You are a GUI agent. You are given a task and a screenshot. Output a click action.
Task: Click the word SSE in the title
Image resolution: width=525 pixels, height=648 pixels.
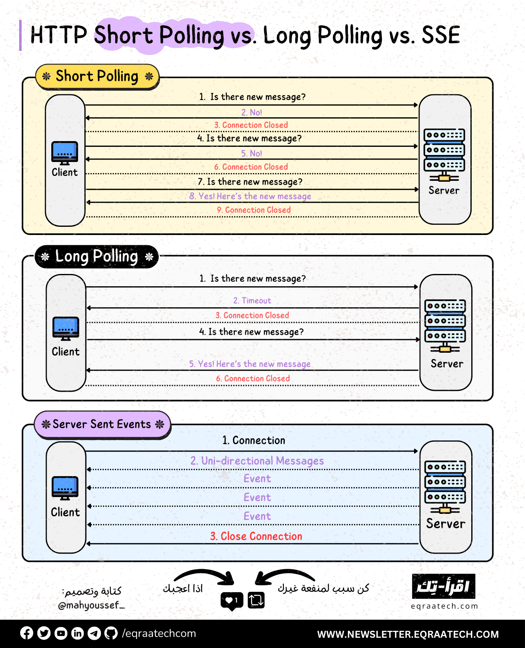pyautogui.click(x=441, y=35)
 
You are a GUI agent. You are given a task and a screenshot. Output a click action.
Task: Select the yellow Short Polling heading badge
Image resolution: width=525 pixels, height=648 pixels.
pyautogui.click(x=97, y=77)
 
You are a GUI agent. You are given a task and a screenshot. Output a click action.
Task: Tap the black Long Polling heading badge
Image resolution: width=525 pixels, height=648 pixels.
pyautogui.click(x=97, y=257)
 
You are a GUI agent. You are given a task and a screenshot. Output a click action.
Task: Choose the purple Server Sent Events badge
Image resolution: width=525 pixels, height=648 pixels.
pyautogui.click(x=102, y=424)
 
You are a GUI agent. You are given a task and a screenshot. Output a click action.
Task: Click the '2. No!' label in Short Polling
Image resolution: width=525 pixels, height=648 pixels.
pyautogui.click(x=251, y=112)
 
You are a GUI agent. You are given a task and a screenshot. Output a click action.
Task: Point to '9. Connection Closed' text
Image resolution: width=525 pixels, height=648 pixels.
pyautogui.click(x=254, y=210)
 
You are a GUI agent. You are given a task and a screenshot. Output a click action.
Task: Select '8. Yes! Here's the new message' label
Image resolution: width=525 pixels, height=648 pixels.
pyautogui.click(x=250, y=196)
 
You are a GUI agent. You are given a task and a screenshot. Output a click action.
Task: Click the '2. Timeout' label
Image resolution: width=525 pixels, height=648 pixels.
pyautogui.click(x=252, y=301)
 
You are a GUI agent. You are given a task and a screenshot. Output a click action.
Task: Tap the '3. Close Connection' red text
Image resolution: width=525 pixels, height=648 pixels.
pyautogui.click(x=256, y=536)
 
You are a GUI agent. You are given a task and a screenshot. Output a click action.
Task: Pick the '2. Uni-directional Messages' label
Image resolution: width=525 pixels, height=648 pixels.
pyautogui.click(x=257, y=461)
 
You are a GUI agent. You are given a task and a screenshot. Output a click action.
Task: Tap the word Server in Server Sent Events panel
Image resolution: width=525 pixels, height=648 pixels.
pyautogui.click(x=445, y=524)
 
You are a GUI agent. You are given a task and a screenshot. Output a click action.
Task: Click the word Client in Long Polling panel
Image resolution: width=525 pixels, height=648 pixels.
pyautogui.click(x=66, y=352)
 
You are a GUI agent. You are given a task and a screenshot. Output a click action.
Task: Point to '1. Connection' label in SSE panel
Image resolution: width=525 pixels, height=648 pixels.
pyautogui.click(x=254, y=440)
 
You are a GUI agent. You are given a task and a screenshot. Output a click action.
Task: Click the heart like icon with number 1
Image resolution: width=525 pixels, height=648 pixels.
pyautogui.click(x=232, y=600)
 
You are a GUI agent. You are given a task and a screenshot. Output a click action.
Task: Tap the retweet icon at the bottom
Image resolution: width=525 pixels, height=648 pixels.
pyautogui.click(x=256, y=600)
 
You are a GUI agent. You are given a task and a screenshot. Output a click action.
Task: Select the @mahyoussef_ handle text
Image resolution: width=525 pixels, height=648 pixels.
pyautogui.click(x=91, y=605)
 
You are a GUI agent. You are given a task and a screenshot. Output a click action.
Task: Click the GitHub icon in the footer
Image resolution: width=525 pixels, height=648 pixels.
pyautogui.click(x=111, y=633)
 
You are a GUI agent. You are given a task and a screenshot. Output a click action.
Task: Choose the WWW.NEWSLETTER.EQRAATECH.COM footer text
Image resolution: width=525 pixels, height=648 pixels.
pyautogui.click(x=408, y=634)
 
